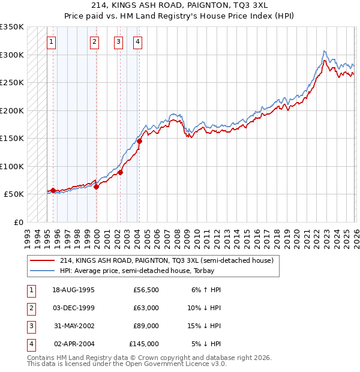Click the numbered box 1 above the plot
[52, 42]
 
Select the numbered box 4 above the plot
[138, 42]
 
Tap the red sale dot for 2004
[139, 142]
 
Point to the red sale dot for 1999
[96, 187]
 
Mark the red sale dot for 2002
[121, 172]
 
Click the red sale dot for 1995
[53, 191]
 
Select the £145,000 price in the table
[144, 344]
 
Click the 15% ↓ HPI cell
[205, 326]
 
